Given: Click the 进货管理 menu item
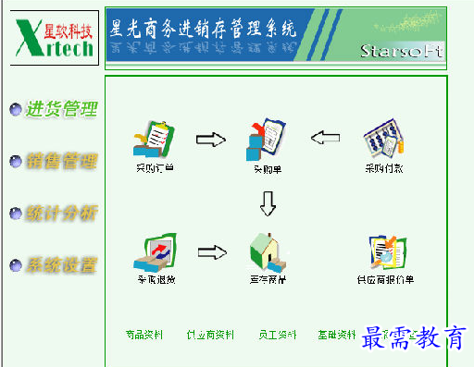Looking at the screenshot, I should (61, 109).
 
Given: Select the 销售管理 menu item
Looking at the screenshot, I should (61, 161).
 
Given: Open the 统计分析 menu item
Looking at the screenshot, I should (61, 213).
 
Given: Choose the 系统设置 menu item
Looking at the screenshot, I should (61, 265).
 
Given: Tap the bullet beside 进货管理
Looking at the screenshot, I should (15, 110).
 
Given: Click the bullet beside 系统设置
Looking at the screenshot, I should (15, 266).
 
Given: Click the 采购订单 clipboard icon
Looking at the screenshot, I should (155, 140).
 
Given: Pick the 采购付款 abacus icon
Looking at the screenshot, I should (382, 141).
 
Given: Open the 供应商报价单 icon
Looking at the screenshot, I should (385, 251).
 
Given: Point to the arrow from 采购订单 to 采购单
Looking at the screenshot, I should (211, 140).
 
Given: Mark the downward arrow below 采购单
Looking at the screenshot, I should (268, 202).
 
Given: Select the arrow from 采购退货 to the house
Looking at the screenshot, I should (212, 251).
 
